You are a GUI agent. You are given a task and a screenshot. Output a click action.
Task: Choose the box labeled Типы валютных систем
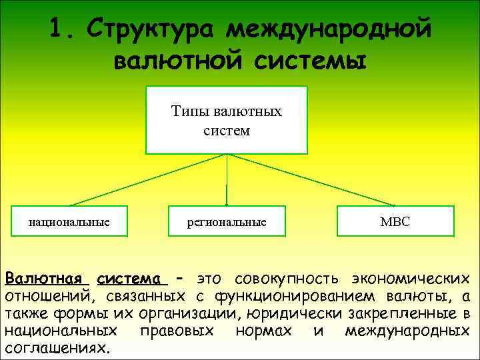point(227,120)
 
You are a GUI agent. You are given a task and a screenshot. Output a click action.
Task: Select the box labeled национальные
point(69,221)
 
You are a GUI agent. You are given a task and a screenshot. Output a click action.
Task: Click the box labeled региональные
point(227,221)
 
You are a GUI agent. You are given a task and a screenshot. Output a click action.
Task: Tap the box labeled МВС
point(395,221)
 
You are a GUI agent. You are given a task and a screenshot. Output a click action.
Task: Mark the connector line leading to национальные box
point(147,179)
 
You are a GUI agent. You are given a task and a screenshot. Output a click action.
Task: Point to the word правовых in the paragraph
point(177,331)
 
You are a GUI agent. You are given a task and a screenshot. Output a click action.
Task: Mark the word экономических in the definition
point(413,278)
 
